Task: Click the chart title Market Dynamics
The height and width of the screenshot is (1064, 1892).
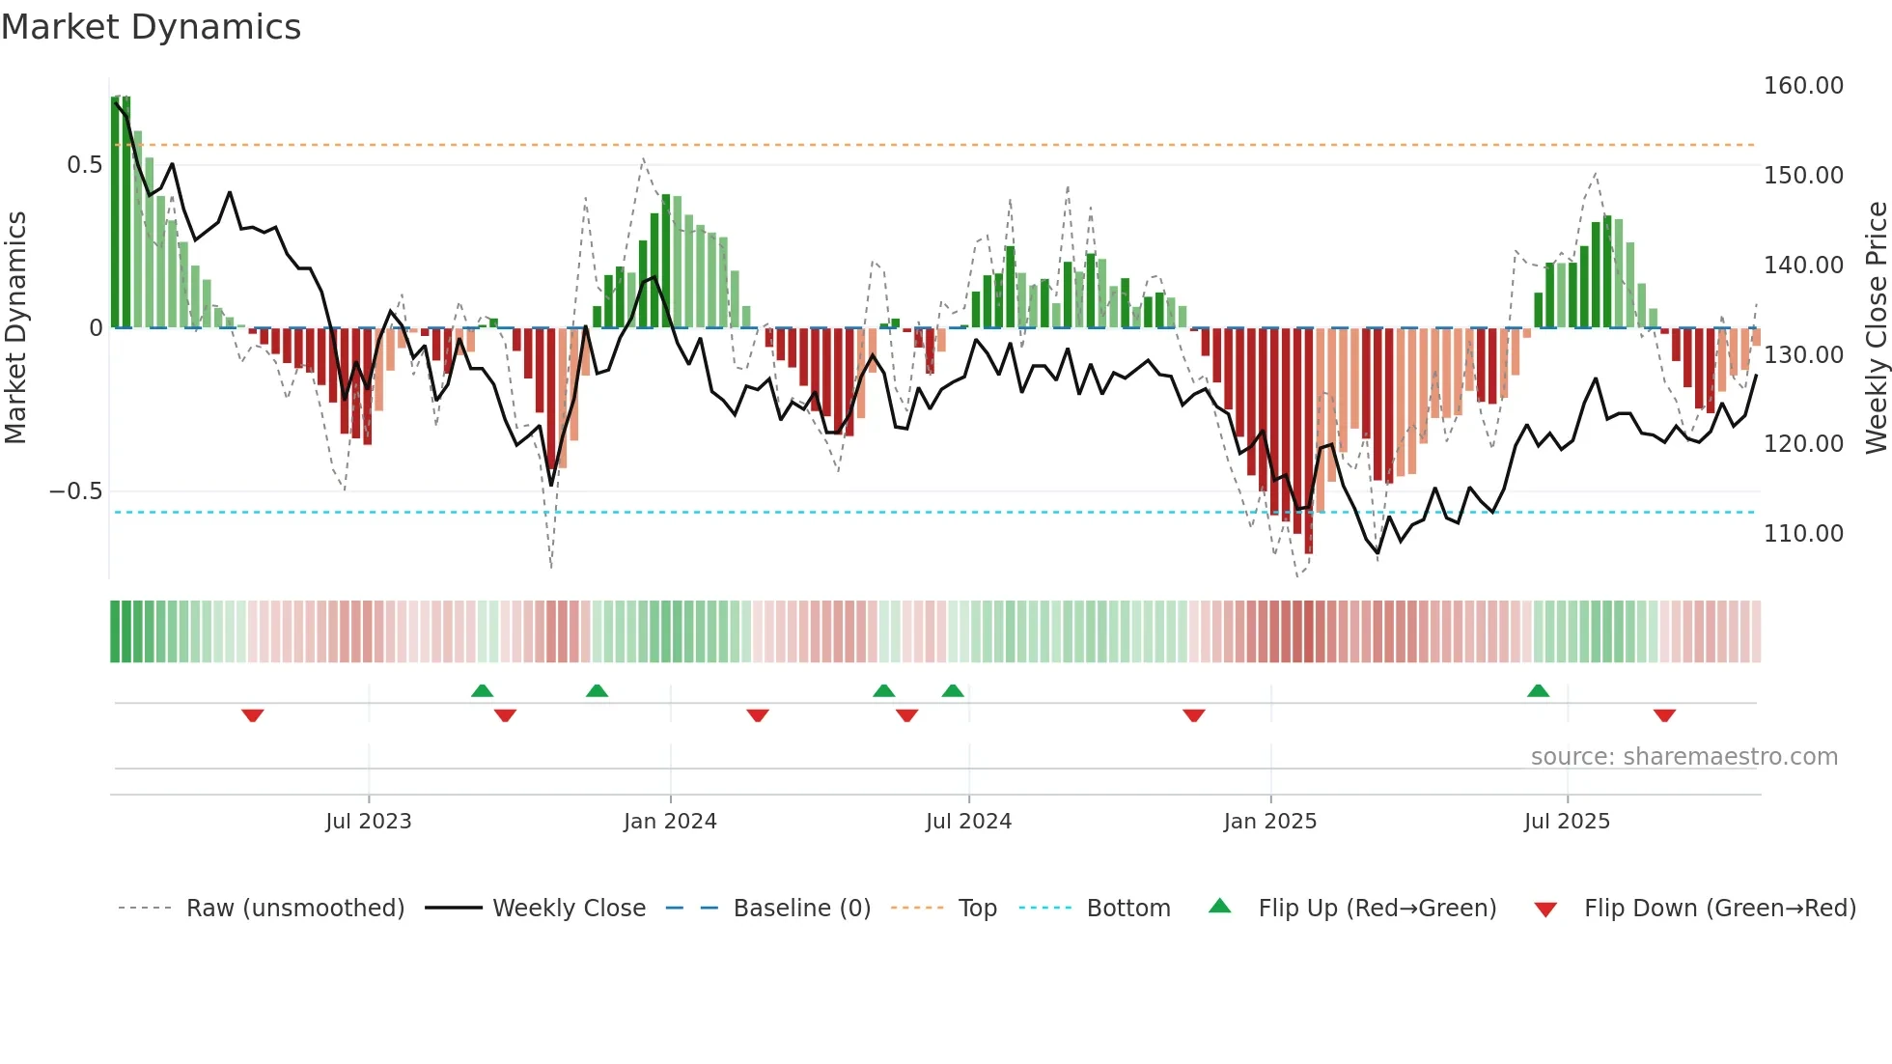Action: coord(151,27)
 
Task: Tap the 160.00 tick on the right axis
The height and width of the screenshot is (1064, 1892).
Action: coord(1802,86)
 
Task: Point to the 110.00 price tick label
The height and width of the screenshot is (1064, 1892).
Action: coord(1802,533)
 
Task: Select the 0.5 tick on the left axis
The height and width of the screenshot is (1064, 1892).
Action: coord(84,165)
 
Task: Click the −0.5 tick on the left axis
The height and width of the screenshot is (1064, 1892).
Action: coord(75,491)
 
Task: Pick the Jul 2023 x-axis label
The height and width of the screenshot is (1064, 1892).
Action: coord(368,822)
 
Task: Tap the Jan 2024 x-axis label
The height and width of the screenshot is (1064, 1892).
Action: coord(670,822)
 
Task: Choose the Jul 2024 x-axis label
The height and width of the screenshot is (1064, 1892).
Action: coord(968,822)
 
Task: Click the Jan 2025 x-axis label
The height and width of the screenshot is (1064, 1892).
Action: coord(1269,822)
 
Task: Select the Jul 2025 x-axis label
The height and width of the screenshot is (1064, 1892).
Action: coord(1567,822)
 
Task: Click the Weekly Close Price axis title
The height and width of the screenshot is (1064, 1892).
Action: coord(1876,328)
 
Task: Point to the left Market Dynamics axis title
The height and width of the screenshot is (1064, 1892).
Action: coord(15,328)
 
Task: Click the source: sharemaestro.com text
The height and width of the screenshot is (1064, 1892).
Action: coord(1683,757)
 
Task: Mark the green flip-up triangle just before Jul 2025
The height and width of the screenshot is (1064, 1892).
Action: coord(1538,691)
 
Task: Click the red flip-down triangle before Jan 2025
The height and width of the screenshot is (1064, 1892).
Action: coord(1193,715)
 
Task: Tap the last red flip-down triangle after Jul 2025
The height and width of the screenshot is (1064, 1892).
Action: coord(1663,715)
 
